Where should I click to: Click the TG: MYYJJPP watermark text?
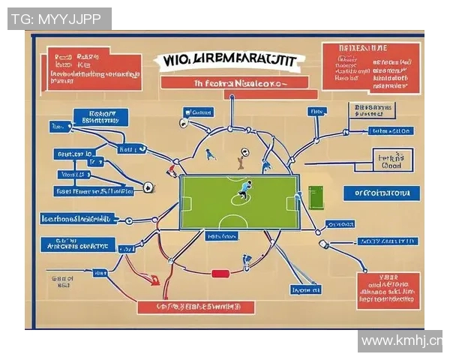pyautogui.click(x=59, y=19)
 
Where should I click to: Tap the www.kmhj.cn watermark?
pyautogui.click(x=400, y=341)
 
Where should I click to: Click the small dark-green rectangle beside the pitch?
pyautogui.click(x=315, y=198)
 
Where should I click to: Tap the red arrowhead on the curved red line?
pyautogui.click(x=155, y=281)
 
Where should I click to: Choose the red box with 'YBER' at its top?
pyautogui.click(x=388, y=289)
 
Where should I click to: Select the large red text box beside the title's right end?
pyautogui.click(x=370, y=67)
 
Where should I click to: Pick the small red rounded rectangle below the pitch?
pyautogui.click(x=220, y=274)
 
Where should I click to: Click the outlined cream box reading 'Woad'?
pyautogui.click(x=392, y=161)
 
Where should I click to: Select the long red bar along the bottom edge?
pyautogui.click(x=196, y=307)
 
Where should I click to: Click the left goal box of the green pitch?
pyautogui.click(x=186, y=202)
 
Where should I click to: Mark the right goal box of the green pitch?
pyautogui.click(x=295, y=202)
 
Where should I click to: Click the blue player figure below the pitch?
pyautogui.click(x=247, y=261)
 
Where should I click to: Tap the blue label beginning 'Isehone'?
pyautogui.click(x=79, y=218)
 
